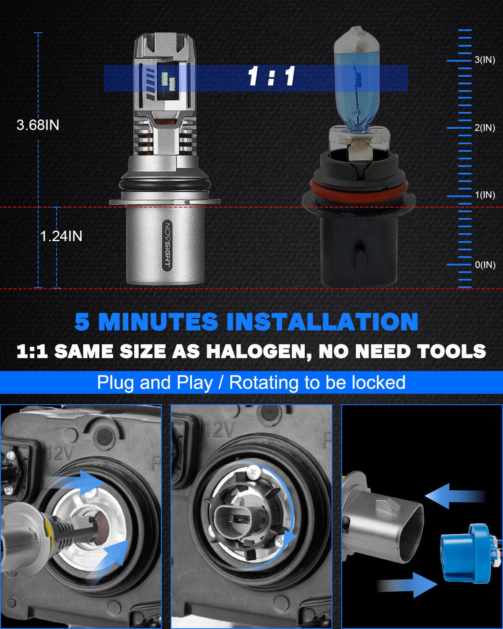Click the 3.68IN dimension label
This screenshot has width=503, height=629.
click(38, 125)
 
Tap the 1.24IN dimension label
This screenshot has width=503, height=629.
click(61, 236)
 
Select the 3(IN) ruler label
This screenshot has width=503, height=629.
click(485, 60)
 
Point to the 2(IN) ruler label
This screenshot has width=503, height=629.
click(485, 128)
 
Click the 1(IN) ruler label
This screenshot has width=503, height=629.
click(485, 195)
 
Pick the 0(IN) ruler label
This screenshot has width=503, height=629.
click(485, 265)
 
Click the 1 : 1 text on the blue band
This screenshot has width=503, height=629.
click(271, 77)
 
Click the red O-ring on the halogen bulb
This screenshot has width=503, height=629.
click(359, 190)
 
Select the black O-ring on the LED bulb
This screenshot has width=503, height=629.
click(165, 184)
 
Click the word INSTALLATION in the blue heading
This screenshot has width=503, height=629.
click(322, 322)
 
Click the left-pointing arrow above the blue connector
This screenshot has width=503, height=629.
click(455, 496)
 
